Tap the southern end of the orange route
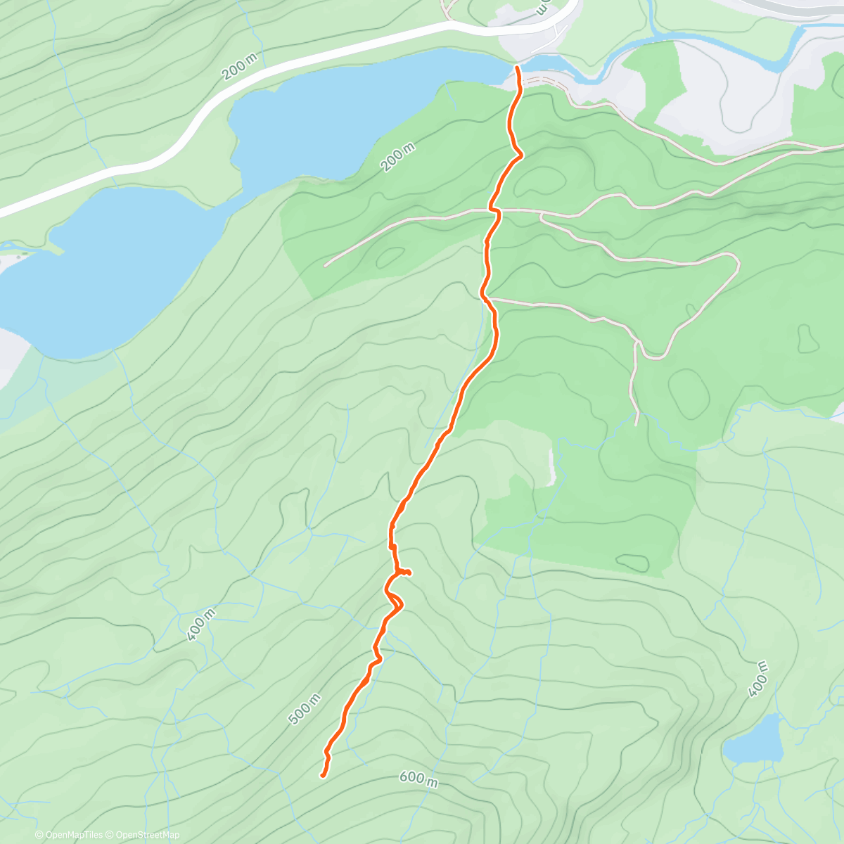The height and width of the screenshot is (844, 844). pos(323,775)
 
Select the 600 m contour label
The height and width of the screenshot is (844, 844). pos(418,779)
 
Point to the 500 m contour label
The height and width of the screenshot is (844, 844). pos(305,710)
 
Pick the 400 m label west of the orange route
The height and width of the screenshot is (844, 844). pos(201,627)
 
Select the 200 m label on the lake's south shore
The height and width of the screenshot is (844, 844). pos(398,158)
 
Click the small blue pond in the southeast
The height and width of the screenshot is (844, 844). pos(755,741)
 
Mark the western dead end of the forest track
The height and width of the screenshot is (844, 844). pos(325,265)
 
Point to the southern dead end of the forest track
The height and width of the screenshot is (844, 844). pos(637,424)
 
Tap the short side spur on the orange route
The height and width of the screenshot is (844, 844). pos(407,573)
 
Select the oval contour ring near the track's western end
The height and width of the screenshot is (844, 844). pos(390,257)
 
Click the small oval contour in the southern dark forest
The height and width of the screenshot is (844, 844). pos(633,562)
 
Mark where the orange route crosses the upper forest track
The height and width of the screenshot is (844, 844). pos(494,210)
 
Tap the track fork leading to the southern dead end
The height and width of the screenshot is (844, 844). pos(637,343)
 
